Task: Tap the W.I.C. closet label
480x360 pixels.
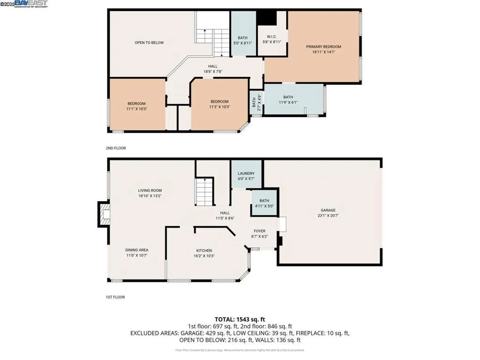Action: (x=272, y=37)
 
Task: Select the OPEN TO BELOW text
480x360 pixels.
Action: (x=149, y=43)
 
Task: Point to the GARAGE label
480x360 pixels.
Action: (x=328, y=210)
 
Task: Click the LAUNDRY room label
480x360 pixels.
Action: (x=246, y=173)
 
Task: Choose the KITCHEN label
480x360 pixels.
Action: (x=204, y=250)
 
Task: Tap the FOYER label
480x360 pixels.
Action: (x=260, y=231)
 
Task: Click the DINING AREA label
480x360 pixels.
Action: (x=137, y=250)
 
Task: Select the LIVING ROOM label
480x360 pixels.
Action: (x=150, y=190)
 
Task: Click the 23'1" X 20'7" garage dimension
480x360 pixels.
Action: (x=328, y=216)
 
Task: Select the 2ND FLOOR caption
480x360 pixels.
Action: (x=116, y=148)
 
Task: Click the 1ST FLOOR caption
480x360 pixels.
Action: (x=115, y=297)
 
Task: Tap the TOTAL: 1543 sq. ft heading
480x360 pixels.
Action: (x=240, y=319)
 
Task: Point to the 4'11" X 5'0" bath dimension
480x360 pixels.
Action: (x=261, y=205)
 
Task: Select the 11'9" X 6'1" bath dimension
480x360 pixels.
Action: (x=288, y=102)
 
